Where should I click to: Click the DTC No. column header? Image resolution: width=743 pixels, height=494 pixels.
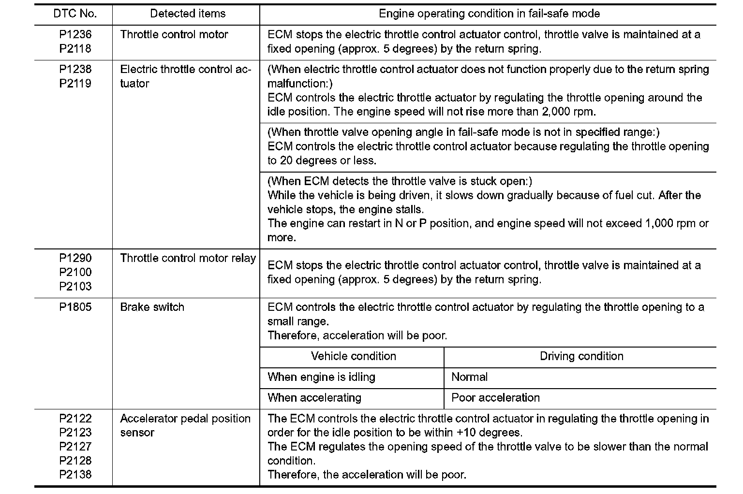click(x=75, y=14)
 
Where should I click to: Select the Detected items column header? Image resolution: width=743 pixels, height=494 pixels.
click(x=188, y=14)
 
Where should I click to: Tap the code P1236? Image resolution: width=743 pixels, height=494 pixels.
click(x=75, y=35)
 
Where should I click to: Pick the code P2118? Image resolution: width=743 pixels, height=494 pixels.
click(x=75, y=49)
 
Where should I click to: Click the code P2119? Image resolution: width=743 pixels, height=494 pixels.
click(x=75, y=84)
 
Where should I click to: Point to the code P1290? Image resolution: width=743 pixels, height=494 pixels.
click(x=75, y=258)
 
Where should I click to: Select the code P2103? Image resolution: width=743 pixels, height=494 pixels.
click(x=75, y=286)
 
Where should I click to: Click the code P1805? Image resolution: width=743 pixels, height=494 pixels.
click(x=75, y=307)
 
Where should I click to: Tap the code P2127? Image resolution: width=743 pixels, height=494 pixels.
click(x=75, y=447)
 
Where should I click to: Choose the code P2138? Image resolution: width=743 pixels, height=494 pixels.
click(x=75, y=475)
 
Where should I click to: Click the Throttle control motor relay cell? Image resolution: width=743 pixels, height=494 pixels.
click(x=188, y=258)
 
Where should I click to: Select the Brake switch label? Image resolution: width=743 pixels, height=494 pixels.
click(x=152, y=307)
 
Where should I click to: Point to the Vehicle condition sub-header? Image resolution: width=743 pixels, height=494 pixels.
click(x=353, y=357)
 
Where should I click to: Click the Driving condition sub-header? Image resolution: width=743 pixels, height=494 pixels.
click(x=581, y=357)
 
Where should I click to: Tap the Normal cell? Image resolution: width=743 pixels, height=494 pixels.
click(x=469, y=378)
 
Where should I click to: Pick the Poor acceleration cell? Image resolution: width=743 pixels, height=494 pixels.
click(x=495, y=398)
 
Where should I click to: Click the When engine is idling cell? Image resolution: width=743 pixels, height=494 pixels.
click(x=321, y=378)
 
